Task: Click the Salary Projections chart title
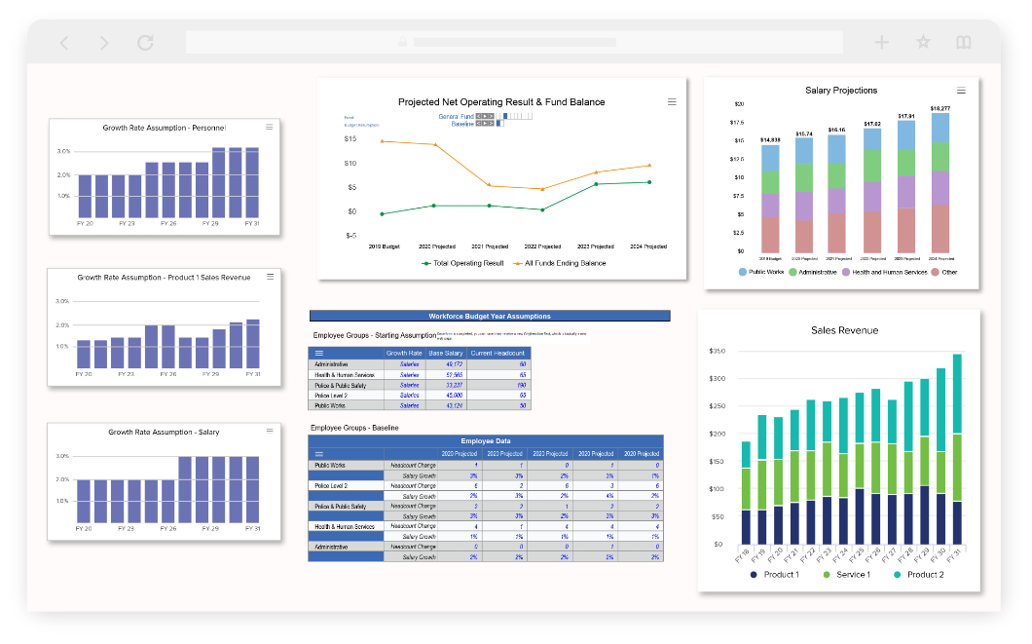click(x=841, y=91)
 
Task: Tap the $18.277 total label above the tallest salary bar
click(x=940, y=108)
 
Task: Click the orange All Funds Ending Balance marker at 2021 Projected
click(x=489, y=185)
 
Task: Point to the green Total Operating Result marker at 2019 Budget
click(x=382, y=213)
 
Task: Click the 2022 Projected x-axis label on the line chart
click(x=542, y=246)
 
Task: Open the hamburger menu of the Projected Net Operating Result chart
click(x=671, y=101)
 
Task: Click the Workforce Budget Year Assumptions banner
click(x=489, y=316)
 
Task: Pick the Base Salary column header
click(x=445, y=353)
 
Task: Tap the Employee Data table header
click(x=486, y=441)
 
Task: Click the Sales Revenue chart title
click(x=844, y=330)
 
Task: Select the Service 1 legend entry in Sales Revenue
click(x=848, y=575)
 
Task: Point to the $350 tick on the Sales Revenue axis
click(x=719, y=351)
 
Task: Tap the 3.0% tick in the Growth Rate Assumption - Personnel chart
click(x=63, y=152)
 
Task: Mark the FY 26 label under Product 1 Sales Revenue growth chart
click(x=168, y=374)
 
